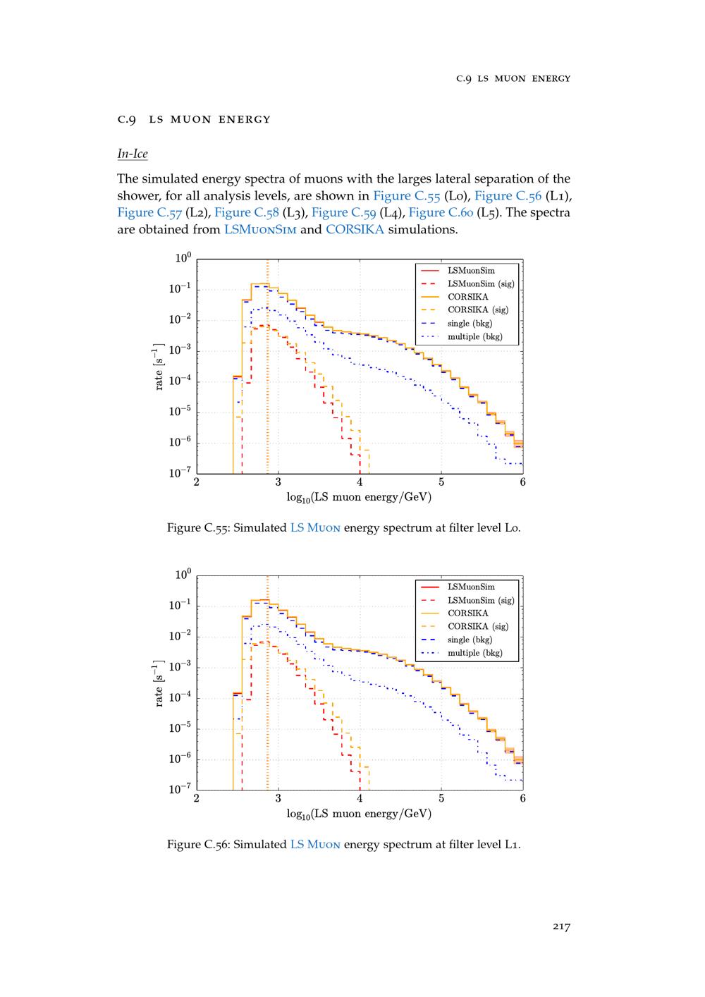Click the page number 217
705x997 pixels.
560,926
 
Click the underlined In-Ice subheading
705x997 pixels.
133,154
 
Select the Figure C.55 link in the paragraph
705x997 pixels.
408,195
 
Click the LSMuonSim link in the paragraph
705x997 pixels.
260,230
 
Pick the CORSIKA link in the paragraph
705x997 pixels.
355,230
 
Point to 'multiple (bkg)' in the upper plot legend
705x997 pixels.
474,336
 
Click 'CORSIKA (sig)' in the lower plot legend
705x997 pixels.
477,626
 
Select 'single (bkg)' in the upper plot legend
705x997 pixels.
470,323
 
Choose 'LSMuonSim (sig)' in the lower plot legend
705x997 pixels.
481,600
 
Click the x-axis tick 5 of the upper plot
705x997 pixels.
441,482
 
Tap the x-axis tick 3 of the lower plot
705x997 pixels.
278,798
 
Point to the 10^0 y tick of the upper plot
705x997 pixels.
183,259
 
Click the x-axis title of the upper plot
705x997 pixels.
359,497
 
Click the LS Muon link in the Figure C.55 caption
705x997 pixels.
315,527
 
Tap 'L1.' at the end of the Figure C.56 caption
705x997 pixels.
513,844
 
